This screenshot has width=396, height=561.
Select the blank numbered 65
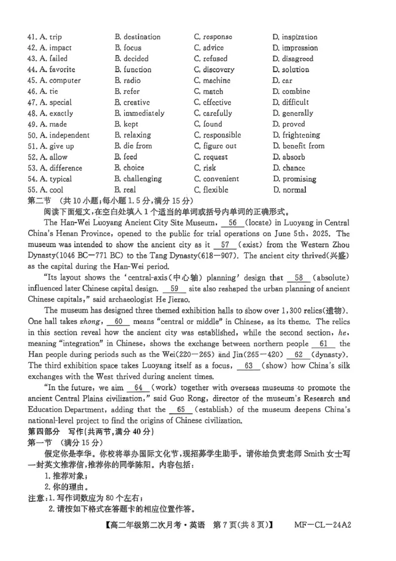(184, 409)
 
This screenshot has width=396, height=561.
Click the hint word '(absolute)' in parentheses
(332, 278)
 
